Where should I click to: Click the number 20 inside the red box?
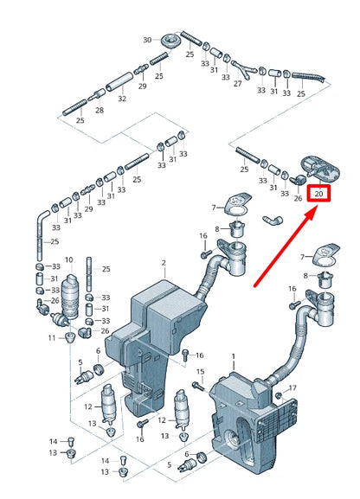pyautogui.click(x=319, y=193)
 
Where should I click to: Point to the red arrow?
pyautogui.click(x=286, y=246)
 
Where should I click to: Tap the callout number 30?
pyautogui.click(x=147, y=40)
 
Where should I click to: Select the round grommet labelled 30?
pyautogui.click(x=170, y=40)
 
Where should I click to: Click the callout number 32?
pyautogui.click(x=122, y=99)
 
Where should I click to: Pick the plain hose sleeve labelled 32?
pyautogui.click(x=119, y=81)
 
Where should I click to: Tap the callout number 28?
pyautogui.click(x=100, y=110)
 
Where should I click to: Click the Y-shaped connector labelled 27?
pyautogui.click(x=244, y=70)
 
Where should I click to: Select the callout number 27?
pyautogui.click(x=238, y=83)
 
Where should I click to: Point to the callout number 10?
pyautogui.click(x=69, y=260)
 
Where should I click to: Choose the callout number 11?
pyautogui.click(x=52, y=337)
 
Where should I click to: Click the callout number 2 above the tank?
pyautogui.click(x=164, y=263)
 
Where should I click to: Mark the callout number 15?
pyautogui.click(x=201, y=372)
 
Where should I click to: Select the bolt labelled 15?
pyautogui.click(x=199, y=387)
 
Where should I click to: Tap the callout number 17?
pyautogui.click(x=292, y=388)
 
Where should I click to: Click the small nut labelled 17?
pyautogui.click(x=279, y=395)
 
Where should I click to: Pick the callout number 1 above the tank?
pyautogui.click(x=233, y=356)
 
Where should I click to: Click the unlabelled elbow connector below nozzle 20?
pyautogui.click(x=273, y=220)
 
